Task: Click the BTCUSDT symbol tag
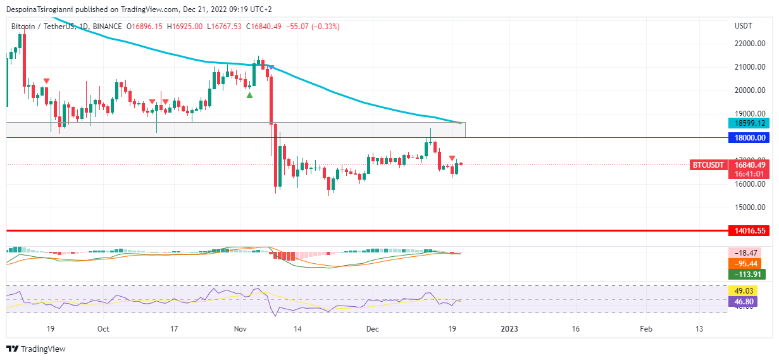point(707,164)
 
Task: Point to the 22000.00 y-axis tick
point(750,44)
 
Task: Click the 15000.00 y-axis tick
point(750,208)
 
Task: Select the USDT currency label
point(744,26)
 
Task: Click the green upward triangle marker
point(249,96)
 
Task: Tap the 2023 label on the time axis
point(509,329)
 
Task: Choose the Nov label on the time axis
point(240,329)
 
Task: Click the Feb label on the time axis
point(645,329)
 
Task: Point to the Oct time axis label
point(103,329)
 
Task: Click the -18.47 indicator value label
point(747,252)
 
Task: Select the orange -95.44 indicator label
point(747,263)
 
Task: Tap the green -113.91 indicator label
point(747,274)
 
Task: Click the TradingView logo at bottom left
point(36,349)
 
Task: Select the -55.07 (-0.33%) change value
point(313,27)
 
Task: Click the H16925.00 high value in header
point(185,27)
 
